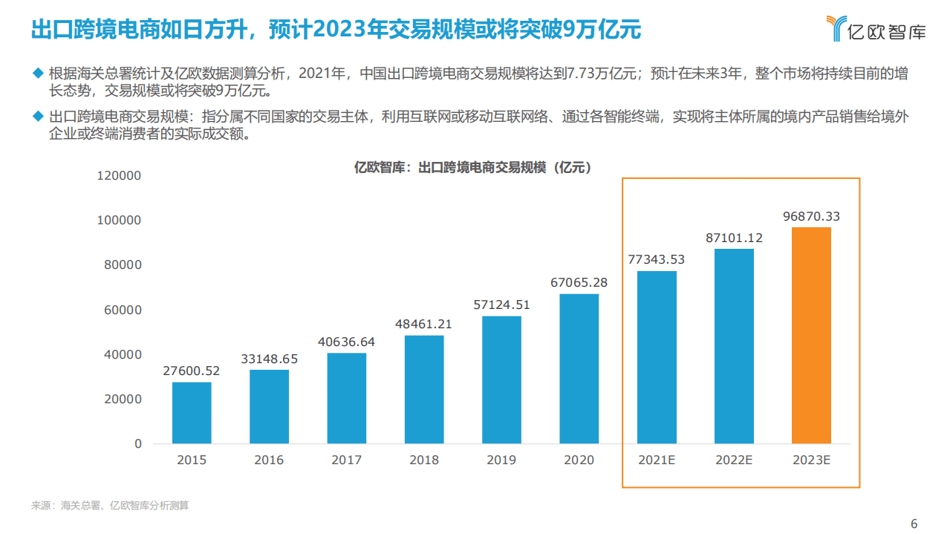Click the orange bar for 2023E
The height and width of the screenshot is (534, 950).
(x=811, y=335)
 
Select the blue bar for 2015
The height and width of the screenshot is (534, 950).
(x=192, y=413)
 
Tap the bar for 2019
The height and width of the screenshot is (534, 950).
(x=501, y=380)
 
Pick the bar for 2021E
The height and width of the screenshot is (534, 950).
(x=657, y=357)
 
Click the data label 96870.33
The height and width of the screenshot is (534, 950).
(x=812, y=216)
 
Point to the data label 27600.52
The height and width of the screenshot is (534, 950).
(x=192, y=371)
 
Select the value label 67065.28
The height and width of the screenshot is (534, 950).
(x=579, y=282)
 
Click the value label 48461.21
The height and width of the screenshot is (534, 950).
(x=424, y=324)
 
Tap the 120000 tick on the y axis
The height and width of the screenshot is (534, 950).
(x=119, y=176)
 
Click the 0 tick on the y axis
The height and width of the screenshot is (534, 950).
(x=137, y=443)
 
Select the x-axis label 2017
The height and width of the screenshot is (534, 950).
(x=346, y=460)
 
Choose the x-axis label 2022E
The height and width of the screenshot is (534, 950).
(x=734, y=460)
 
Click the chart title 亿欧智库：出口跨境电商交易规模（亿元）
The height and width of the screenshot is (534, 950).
(x=473, y=169)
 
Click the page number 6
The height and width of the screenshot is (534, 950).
(x=914, y=523)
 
